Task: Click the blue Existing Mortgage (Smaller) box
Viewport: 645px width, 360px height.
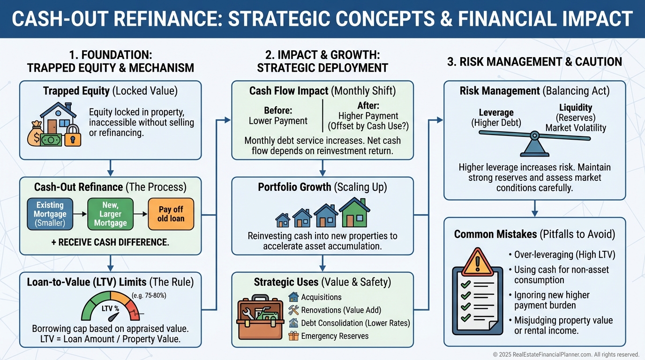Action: tap(50, 214)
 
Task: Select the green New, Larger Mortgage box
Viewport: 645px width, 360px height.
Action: tap(110, 214)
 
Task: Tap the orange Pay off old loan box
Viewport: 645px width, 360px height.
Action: tap(171, 214)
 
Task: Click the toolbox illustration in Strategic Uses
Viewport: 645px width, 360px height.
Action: tap(260, 316)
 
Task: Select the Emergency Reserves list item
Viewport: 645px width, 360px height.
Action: tap(335, 336)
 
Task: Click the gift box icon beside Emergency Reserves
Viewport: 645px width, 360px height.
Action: tap(294, 336)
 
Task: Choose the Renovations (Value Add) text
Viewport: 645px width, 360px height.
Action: tap(341, 310)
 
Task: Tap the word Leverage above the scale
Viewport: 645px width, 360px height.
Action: tap(496, 112)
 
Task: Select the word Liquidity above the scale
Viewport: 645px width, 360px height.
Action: tap(576, 108)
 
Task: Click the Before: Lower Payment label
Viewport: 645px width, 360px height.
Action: tap(278, 116)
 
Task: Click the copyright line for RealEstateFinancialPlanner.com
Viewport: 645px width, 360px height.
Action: tap(566, 355)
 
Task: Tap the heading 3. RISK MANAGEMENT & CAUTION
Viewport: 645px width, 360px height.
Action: tap(534, 61)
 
